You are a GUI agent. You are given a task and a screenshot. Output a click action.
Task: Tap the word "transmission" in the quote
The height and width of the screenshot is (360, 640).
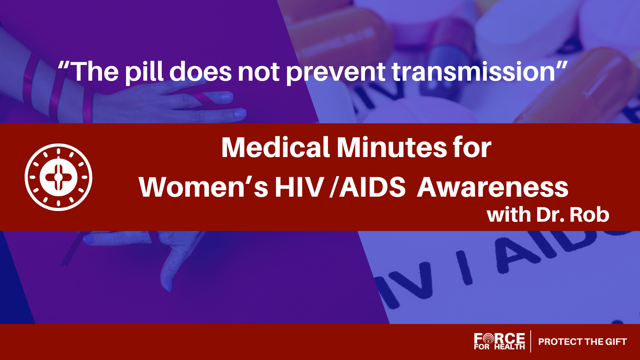473,72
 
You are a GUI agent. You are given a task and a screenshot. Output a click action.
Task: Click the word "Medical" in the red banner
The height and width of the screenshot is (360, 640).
275,147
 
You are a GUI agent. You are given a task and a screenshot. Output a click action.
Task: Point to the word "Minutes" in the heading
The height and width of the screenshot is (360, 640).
392,147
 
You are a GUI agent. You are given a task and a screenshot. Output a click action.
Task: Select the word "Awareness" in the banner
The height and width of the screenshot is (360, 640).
493,187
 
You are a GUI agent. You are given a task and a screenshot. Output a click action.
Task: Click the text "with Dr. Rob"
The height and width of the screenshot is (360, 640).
548,215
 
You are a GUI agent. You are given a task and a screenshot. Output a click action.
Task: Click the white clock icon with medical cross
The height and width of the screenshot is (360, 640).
58,177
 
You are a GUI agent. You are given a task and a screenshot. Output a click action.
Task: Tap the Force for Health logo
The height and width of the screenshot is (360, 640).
499,341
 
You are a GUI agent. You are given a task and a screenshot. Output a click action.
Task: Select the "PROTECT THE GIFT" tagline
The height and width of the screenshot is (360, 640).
582,342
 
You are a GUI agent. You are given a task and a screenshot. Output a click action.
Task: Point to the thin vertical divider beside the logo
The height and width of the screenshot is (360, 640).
531,341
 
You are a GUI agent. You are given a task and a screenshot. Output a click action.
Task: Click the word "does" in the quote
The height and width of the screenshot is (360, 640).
201,72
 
